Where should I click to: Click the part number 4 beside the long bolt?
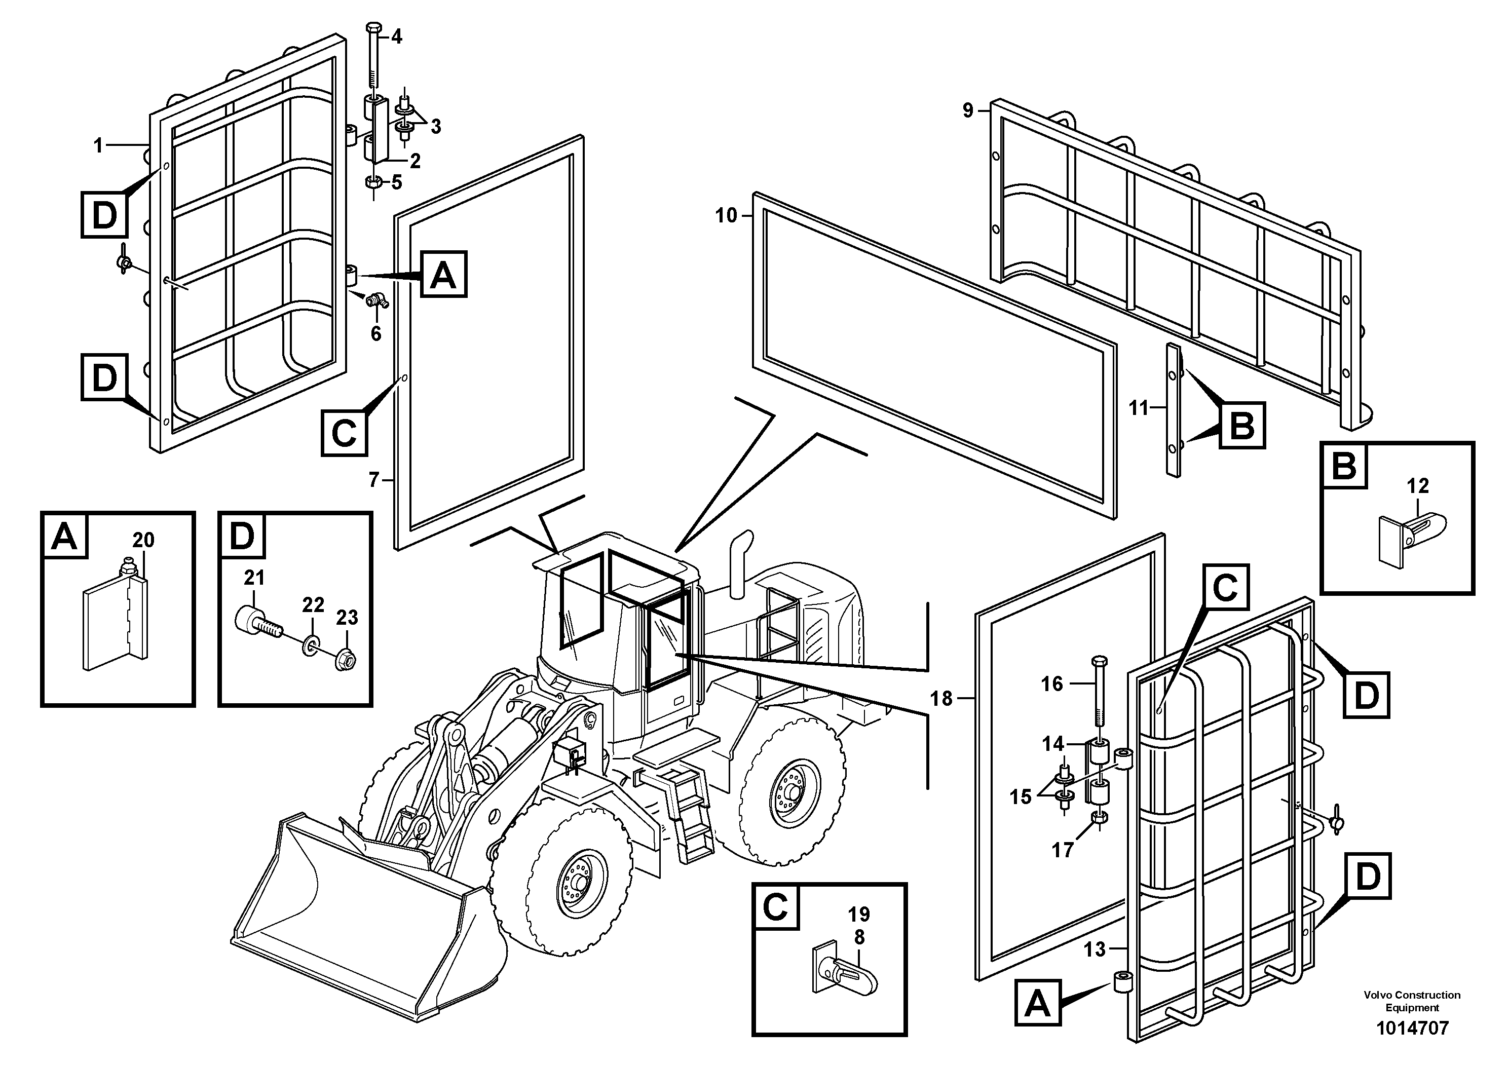click(396, 37)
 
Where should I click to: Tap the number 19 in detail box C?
click(858, 914)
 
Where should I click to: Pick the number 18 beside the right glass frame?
click(940, 699)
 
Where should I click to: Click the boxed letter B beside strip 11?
click(1242, 427)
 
